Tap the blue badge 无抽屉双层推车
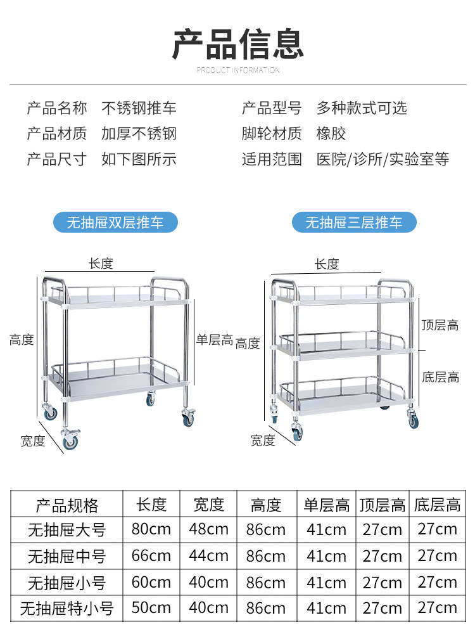click(115, 223)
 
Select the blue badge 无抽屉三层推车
click(354, 223)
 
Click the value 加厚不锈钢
click(139, 134)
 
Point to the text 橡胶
click(331, 134)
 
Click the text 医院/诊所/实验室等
click(383, 159)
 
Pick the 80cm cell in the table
click(151, 529)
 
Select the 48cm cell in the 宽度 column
click(208, 529)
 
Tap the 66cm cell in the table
click(151, 556)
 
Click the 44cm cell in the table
click(208, 556)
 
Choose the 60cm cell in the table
click(151, 582)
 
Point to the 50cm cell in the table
click(151, 608)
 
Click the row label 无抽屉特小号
click(67, 609)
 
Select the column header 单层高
click(326, 505)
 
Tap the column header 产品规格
click(67, 505)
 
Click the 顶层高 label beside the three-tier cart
click(440, 326)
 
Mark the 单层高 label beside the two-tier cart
click(215, 340)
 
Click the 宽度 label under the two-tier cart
click(33, 441)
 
